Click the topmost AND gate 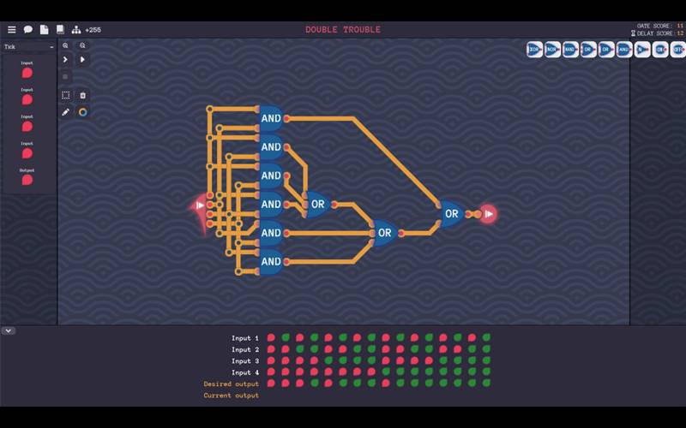271,118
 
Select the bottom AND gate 271,261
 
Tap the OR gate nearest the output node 451,214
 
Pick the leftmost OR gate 317,205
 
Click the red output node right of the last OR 489,214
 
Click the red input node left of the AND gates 201,205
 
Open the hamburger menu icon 12,30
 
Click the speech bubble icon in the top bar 27,30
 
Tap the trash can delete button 82,95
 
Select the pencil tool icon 66,111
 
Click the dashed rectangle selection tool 66,95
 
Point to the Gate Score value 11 680,26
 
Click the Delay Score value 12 680,33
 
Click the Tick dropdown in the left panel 28,46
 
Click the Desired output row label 231,383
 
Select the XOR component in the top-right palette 534,50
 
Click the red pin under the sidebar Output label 27,180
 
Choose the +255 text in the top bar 93,30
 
